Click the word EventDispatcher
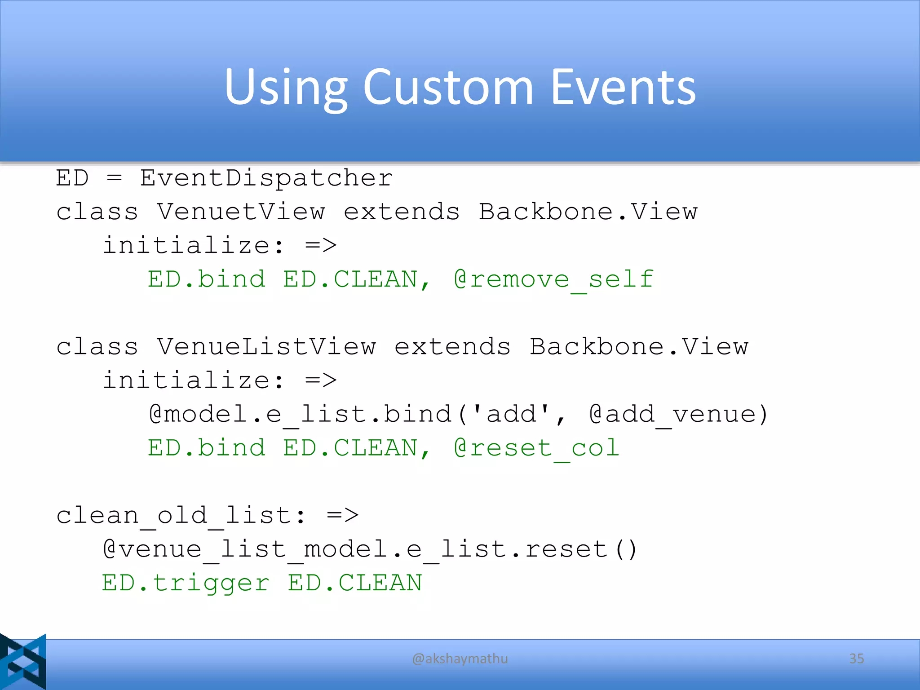(266, 178)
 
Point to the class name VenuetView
(241, 212)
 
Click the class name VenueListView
(266, 346)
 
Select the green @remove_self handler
(553, 279)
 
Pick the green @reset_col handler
(536, 448)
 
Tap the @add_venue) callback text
(678, 414)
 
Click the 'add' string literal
(511, 414)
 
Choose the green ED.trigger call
(186, 583)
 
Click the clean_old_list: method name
(181, 515)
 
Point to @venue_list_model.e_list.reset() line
(369, 549)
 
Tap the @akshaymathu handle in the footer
(460, 659)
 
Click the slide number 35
(856, 659)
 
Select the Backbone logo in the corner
(23, 661)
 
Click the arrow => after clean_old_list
(343, 515)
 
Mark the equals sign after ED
(115, 178)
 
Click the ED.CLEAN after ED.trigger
(355, 583)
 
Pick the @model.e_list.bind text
(300, 414)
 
